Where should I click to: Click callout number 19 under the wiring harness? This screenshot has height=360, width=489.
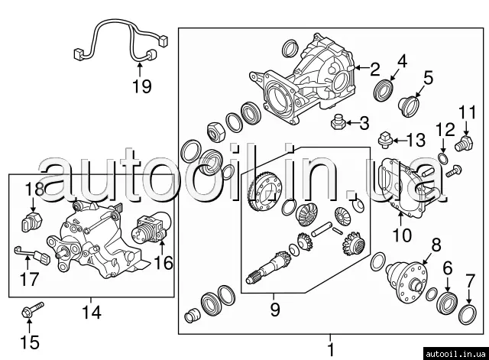tap(140, 86)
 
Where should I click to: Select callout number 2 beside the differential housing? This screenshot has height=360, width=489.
tap(374, 68)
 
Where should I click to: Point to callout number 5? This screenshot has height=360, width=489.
tap(429, 77)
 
